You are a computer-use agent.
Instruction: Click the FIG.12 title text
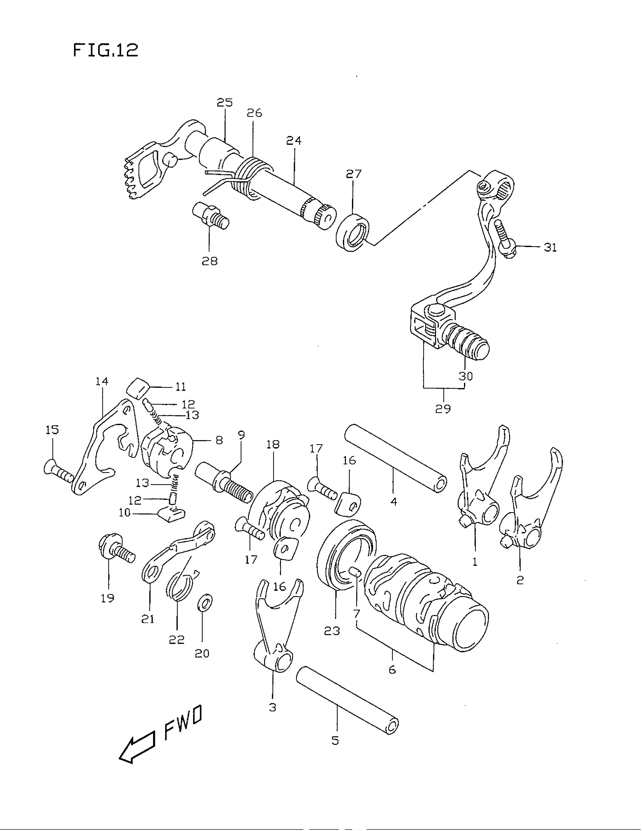pyautogui.click(x=105, y=50)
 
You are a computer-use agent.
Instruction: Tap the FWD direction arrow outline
pyautogui.click(x=137, y=750)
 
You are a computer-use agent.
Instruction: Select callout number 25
pyautogui.click(x=224, y=102)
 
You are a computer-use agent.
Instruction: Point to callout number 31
pyautogui.click(x=550, y=247)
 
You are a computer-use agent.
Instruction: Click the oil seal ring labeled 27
pyautogui.click(x=353, y=233)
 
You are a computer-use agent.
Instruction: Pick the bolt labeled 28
pyautogui.click(x=210, y=215)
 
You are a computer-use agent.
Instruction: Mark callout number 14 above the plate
pyautogui.click(x=102, y=381)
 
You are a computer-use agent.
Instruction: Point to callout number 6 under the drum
pyautogui.click(x=392, y=669)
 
